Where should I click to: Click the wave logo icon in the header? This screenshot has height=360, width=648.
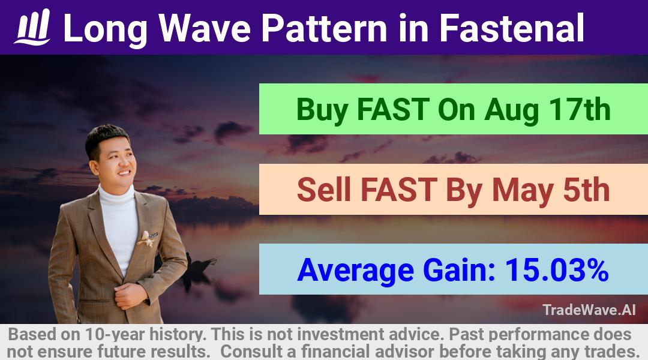click(x=32, y=27)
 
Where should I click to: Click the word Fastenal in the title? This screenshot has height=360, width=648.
click(x=512, y=28)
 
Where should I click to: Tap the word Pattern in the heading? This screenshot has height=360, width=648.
click(x=325, y=28)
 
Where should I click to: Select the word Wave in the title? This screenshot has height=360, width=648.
click(x=205, y=28)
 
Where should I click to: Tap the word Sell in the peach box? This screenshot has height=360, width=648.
click(x=326, y=190)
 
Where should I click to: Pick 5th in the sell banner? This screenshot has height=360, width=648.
click(x=586, y=190)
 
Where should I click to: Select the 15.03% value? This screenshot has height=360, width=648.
click(x=557, y=270)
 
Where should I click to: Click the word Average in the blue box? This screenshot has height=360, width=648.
click(x=355, y=271)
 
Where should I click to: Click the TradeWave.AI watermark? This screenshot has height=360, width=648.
click(x=589, y=310)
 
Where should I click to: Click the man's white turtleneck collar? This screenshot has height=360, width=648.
click(x=116, y=196)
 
